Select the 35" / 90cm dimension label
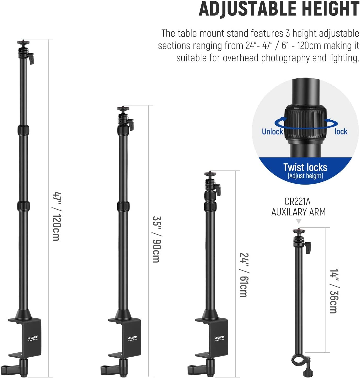156,239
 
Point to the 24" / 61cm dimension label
244,275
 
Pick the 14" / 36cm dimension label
334,291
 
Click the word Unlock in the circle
272,132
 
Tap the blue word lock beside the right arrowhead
341,132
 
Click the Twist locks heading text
305,167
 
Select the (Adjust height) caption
305,176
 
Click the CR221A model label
298,202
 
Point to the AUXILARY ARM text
298,212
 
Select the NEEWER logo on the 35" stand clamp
132,338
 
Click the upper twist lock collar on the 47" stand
23,130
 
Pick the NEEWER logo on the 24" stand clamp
219,338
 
